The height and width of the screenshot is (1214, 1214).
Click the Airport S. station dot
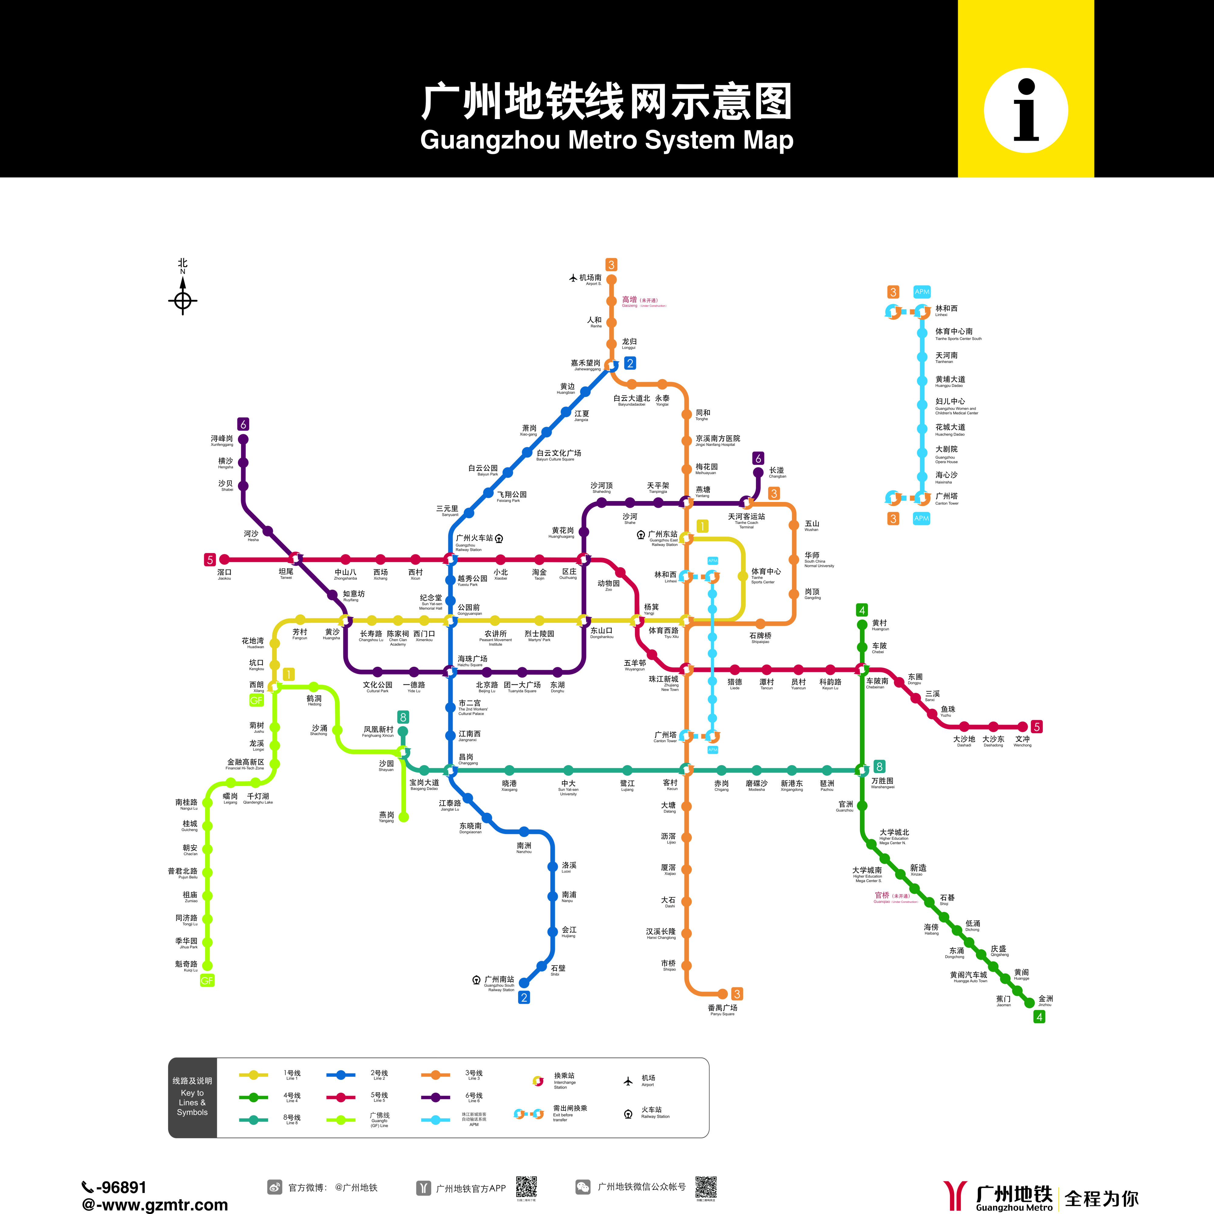pos(611,280)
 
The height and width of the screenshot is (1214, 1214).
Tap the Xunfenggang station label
pos(222,440)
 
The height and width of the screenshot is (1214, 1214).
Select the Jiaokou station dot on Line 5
pos(224,559)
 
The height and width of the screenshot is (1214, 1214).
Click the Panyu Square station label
pos(723,1010)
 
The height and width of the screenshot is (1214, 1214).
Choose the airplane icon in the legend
pos(628,1081)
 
